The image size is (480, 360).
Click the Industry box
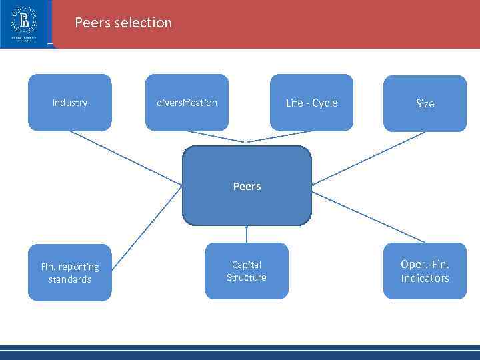pos(69,102)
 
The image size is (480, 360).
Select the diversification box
pos(187,102)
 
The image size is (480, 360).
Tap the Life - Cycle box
pos(311,102)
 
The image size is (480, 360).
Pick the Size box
pos(425,103)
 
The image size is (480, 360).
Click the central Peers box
pos(247,186)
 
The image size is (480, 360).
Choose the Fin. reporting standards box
pos(69,273)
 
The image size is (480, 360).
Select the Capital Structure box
pos(246,271)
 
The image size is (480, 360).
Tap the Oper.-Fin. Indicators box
pos(425,272)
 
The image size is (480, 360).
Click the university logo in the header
pos(24,23)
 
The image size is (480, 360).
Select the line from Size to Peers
pos(369,158)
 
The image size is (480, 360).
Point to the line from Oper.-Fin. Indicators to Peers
pos(368,217)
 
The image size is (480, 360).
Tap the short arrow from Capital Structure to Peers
pos(247,234)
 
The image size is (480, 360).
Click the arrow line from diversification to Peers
pos(216,136)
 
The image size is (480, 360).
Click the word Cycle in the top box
pos(325,103)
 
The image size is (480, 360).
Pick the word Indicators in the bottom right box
pos(425,279)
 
